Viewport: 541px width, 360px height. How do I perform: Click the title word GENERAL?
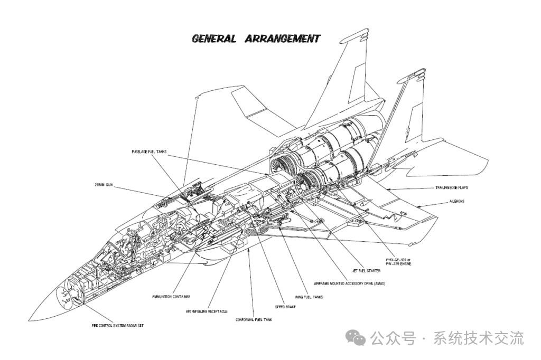[x=214, y=39]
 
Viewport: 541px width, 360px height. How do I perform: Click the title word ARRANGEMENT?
[x=283, y=39]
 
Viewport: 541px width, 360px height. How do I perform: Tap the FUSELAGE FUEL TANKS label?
[x=149, y=151]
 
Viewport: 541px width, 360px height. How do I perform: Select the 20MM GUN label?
[x=104, y=185]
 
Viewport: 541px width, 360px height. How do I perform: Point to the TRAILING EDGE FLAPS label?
[x=452, y=187]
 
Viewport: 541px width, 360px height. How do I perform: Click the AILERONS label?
[x=457, y=201]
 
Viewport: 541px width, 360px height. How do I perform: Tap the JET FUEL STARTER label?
[x=366, y=271]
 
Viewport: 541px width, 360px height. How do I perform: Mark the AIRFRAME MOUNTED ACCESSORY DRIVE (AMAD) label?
[x=350, y=284]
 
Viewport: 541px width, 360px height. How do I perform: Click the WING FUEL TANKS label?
[x=309, y=297]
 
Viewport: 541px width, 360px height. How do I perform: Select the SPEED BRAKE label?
[x=285, y=307]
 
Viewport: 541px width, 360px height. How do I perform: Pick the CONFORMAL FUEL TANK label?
[x=254, y=319]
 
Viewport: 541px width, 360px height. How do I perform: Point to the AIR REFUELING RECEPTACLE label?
[x=207, y=311]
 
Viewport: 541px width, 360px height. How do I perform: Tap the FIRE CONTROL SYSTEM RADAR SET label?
[x=117, y=326]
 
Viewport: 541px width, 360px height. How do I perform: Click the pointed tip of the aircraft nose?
[x=30, y=319]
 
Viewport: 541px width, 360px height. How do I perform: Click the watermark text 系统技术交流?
[x=479, y=338]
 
